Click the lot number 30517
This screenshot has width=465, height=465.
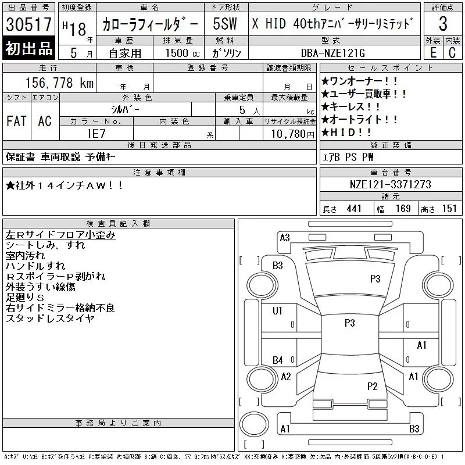(28, 24)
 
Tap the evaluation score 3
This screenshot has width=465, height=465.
(443, 24)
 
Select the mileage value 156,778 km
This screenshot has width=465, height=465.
(59, 83)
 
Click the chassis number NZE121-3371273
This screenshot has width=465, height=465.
(390, 184)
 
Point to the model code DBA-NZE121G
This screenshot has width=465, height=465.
(332, 53)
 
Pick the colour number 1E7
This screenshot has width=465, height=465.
(96, 134)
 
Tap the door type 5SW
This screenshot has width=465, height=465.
(225, 24)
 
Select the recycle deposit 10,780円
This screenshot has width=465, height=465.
(293, 134)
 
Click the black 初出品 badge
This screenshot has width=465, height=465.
(28, 48)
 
